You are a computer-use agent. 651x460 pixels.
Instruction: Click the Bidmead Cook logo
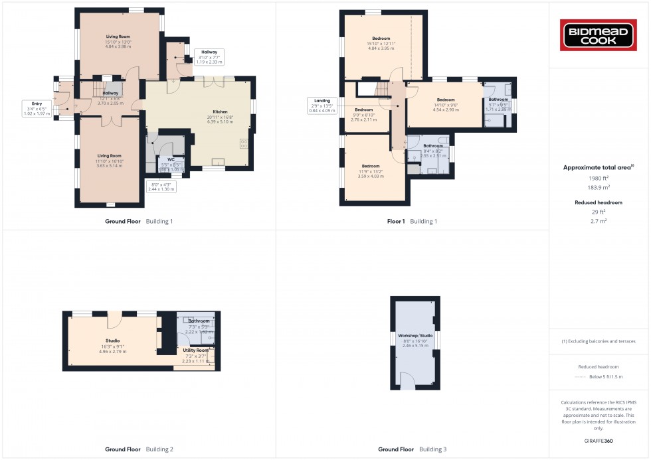pyautogui.click(x=599, y=35)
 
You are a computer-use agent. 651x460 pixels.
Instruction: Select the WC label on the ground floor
pyautogui.click(x=171, y=159)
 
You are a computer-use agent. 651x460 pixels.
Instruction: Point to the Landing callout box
pyautogui.click(x=323, y=104)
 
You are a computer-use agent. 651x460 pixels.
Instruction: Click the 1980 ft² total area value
pyautogui.click(x=599, y=179)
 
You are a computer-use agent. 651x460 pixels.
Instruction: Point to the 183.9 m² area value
pyautogui.click(x=599, y=188)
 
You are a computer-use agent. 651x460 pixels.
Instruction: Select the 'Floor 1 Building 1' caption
pyautogui.click(x=412, y=221)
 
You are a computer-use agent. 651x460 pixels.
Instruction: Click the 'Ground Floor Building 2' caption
pyautogui.click(x=139, y=449)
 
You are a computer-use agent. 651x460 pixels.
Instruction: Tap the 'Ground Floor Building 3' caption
pyautogui.click(x=412, y=449)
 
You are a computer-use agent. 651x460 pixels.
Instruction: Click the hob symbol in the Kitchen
pyautogui.click(x=243, y=143)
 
